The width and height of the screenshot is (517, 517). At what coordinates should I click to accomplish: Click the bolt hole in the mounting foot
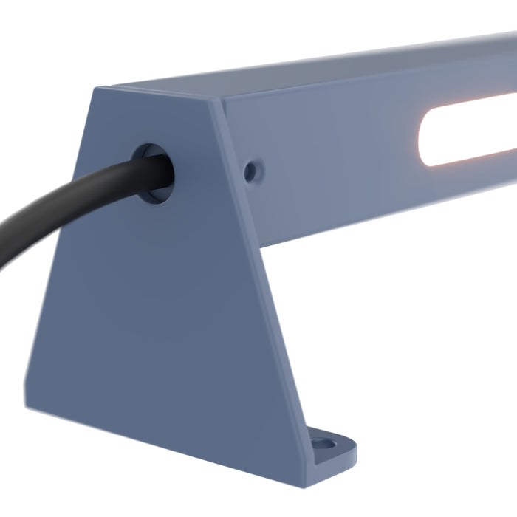coord(323,445)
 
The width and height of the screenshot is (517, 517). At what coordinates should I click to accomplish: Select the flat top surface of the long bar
coord(332,74)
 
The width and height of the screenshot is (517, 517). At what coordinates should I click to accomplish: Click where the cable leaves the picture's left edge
coord(2,255)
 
